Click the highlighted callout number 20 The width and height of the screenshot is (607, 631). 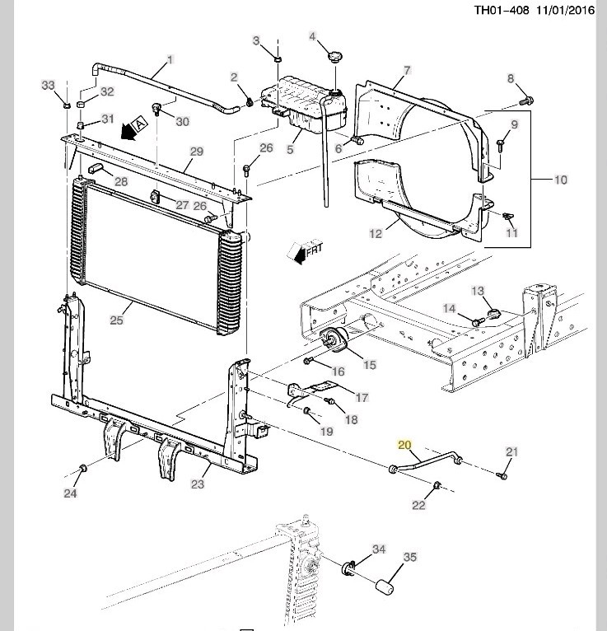(x=404, y=445)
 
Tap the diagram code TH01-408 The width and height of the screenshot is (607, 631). (x=502, y=10)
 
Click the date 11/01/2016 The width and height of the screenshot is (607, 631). (x=565, y=10)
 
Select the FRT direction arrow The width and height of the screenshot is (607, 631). (x=306, y=252)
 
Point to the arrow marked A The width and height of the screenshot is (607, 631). (x=133, y=128)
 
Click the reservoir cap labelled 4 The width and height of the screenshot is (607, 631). (x=334, y=57)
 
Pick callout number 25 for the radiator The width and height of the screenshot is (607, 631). (x=116, y=320)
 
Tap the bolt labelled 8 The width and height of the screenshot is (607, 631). (x=526, y=100)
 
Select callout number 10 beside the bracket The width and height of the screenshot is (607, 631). (x=560, y=180)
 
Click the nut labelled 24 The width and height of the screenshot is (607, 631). (x=83, y=469)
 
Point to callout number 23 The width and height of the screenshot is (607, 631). (x=198, y=484)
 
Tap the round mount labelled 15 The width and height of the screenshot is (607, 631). (x=334, y=339)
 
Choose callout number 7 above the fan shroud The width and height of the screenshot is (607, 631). (x=407, y=71)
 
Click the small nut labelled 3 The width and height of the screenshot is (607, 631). (x=278, y=59)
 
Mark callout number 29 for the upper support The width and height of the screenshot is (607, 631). (x=196, y=152)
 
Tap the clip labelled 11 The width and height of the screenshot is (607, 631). (x=508, y=217)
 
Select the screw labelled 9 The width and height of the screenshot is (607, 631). (x=501, y=145)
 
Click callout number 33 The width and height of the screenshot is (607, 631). (x=48, y=86)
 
